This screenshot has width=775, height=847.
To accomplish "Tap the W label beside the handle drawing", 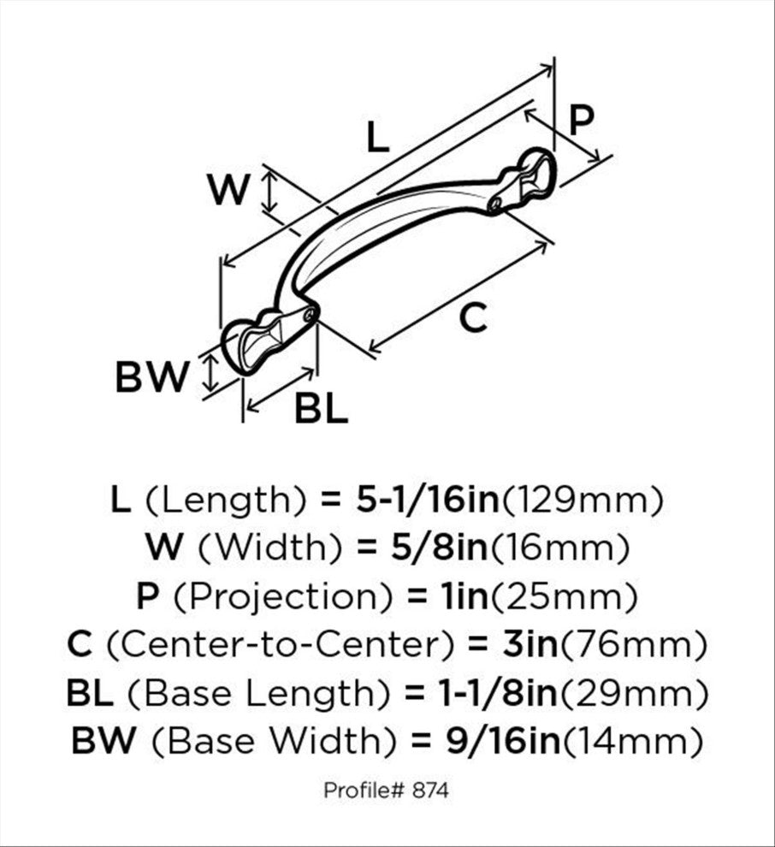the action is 229,190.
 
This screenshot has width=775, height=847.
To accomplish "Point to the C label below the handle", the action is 473,317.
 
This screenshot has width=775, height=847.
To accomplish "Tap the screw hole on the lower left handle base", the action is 310,315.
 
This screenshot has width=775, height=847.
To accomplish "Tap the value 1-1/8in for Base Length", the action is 497,692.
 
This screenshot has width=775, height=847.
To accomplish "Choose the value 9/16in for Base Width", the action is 503,740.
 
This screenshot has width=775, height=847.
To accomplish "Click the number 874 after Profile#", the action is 430,791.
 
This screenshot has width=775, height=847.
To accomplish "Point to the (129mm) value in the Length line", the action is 582,500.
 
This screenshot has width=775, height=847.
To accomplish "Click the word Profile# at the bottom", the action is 364,791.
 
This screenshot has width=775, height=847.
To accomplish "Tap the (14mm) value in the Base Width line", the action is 633,741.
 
